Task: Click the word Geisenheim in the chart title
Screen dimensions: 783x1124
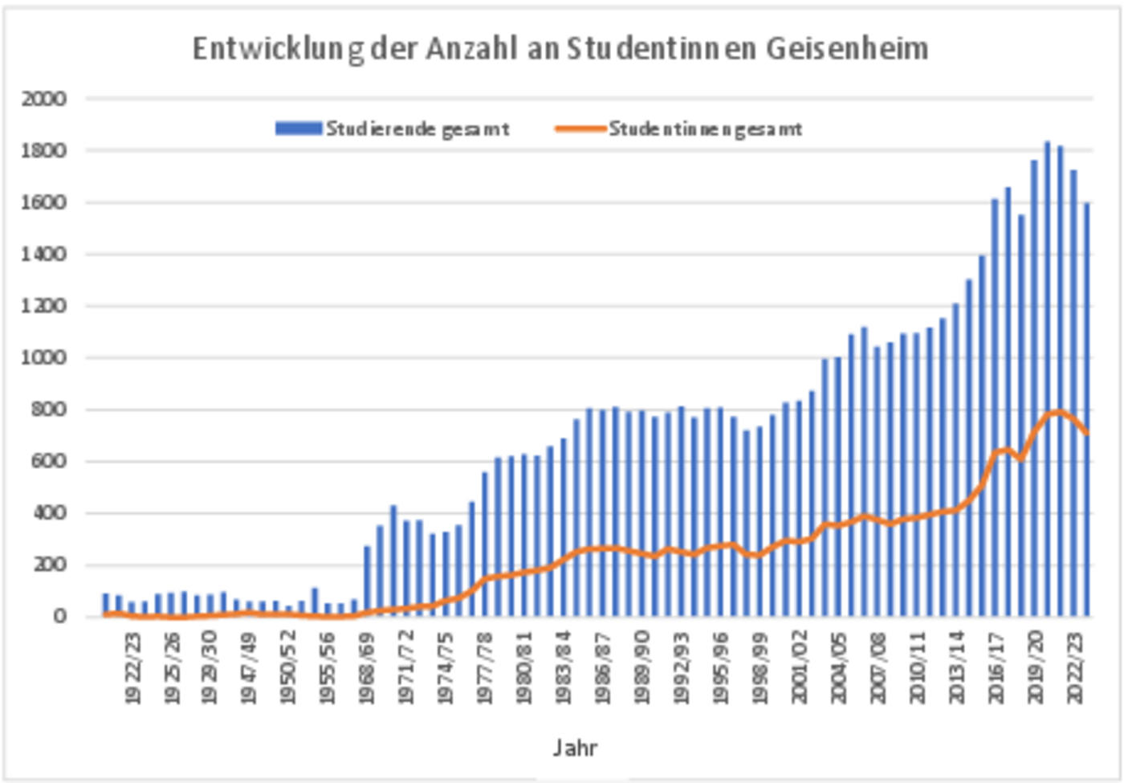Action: tap(847, 49)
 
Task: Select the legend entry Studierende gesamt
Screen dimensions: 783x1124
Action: tap(417, 129)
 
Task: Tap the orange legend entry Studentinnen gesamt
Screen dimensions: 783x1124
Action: tap(705, 129)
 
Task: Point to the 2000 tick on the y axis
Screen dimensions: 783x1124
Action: tap(44, 99)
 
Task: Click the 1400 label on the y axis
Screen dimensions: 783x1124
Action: tap(44, 255)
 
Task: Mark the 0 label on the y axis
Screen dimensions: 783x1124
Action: tap(59, 617)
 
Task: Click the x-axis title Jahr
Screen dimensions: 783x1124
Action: tap(575, 748)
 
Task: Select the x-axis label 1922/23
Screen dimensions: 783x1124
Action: tap(132, 668)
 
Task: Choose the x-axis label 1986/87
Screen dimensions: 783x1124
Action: tap(603, 668)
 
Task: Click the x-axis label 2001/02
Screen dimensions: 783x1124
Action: tap(800, 668)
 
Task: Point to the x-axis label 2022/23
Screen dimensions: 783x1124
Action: tap(1075, 668)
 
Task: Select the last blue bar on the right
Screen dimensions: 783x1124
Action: tap(1087, 410)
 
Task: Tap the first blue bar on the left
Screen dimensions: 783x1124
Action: tap(105, 605)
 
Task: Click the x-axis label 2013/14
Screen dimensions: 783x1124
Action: tap(957, 668)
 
